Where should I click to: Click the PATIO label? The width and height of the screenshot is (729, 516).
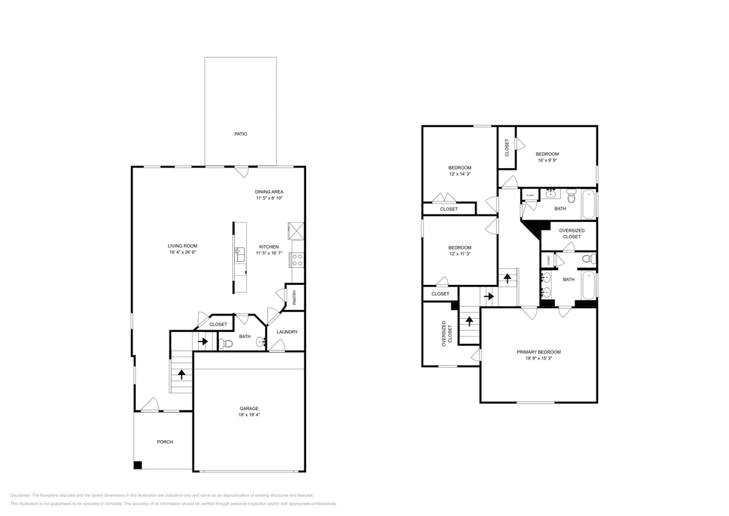[241, 133]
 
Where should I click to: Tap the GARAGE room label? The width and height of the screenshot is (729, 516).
[249, 408]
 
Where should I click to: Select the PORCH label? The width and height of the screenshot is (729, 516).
[164, 441]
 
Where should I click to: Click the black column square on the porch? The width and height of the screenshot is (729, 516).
[138, 465]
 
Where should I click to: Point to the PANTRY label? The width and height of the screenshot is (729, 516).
[295, 298]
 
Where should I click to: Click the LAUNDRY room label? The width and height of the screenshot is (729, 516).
[287, 332]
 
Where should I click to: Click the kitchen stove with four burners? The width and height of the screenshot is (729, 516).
[298, 259]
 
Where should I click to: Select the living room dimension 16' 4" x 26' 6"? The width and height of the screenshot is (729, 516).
[182, 252]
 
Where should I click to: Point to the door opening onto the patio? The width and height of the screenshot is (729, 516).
[242, 171]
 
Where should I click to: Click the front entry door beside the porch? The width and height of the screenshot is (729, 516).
[150, 405]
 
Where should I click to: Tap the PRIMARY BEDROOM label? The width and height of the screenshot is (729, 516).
[538, 352]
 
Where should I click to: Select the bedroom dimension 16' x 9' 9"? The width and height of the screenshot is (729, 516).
[547, 160]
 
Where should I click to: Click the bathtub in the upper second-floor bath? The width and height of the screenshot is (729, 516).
[588, 205]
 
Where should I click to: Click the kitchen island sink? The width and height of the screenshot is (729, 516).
[240, 254]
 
